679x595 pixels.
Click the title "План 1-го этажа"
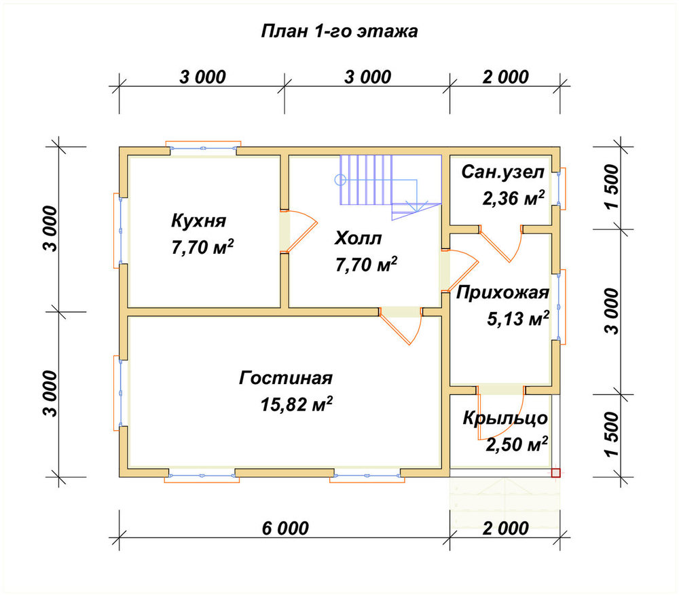[339, 31]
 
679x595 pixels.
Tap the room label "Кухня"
[199, 220]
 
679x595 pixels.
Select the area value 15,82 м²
[297, 404]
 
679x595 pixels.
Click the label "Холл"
[358, 238]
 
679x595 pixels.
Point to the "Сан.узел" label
[502, 172]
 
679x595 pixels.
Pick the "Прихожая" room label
[502, 293]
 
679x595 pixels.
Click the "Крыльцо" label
[505, 418]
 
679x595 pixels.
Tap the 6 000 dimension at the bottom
[285, 528]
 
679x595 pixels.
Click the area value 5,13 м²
[518, 319]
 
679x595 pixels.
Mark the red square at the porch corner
[555, 473]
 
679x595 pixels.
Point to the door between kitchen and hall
[299, 231]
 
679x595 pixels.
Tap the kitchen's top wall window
[203, 147]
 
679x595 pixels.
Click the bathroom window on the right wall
[560, 189]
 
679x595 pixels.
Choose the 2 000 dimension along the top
[505, 77]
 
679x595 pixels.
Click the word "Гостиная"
[285, 378]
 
